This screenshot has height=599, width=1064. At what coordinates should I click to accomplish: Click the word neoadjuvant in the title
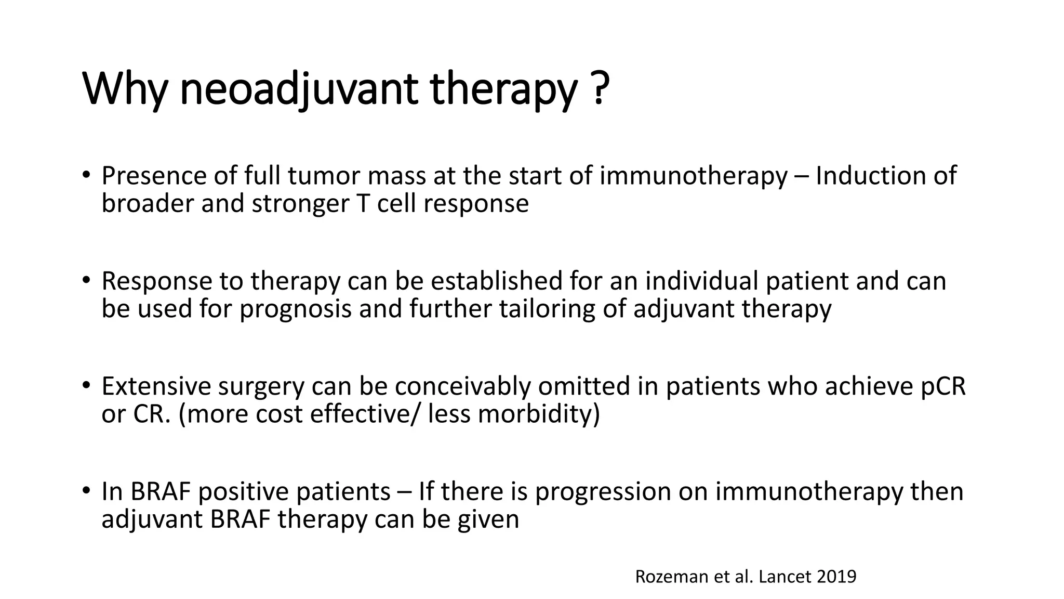click(x=298, y=89)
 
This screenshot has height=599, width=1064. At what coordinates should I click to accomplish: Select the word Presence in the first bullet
click(x=154, y=176)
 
